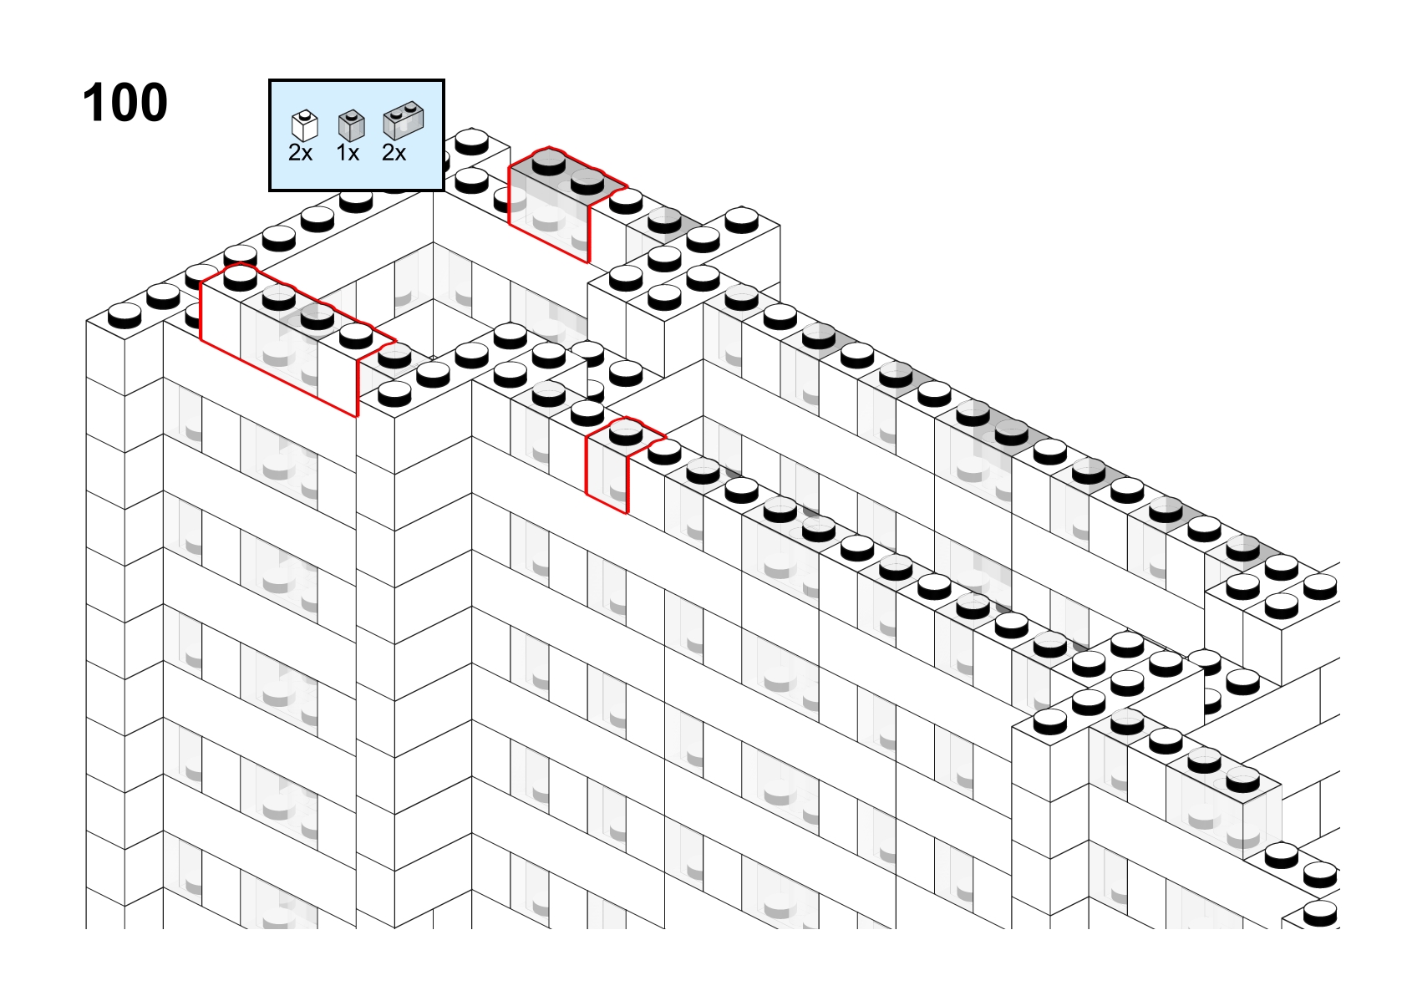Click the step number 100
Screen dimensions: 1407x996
pyautogui.click(x=125, y=102)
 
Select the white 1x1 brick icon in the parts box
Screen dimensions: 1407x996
pyautogui.click(x=305, y=125)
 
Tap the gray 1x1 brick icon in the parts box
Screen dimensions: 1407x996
pyautogui.click(x=351, y=125)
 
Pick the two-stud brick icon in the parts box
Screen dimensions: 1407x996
pyautogui.click(x=404, y=120)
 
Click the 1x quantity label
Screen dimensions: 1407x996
pyautogui.click(x=348, y=153)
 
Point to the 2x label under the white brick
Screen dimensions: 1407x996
pyautogui.click(x=300, y=153)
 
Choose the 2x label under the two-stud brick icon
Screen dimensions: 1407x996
pyautogui.click(x=394, y=153)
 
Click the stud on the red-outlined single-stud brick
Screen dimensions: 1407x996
pyautogui.click(x=626, y=434)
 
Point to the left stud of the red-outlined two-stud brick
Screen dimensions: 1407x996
pyautogui.click(x=548, y=163)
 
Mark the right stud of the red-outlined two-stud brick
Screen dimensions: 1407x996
pyautogui.click(x=587, y=182)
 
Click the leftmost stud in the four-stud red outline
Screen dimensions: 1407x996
pyautogui.click(x=240, y=278)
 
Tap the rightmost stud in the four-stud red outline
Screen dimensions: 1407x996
pyautogui.click(x=356, y=336)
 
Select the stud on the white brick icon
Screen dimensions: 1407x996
pyautogui.click(x=305, y=115)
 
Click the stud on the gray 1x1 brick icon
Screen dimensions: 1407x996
pyautogui.click(x=352, y=115)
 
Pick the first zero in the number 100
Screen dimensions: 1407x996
pyautogui.click(x=125, y=102)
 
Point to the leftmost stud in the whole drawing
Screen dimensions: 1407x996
pyautogui.click(x=124, y=315)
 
